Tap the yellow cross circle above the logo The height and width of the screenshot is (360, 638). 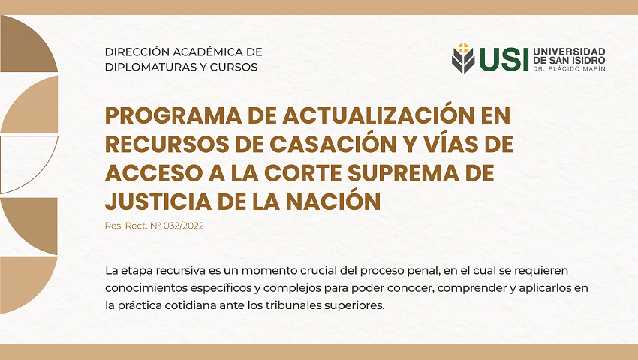(463, 48)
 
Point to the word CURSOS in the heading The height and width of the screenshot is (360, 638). (233, 67)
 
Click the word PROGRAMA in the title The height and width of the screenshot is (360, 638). (173, 115)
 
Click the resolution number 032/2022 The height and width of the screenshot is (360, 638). (183, 226)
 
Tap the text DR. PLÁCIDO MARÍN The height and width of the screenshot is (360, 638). (569, 69)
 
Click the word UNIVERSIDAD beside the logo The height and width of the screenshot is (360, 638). (569, 52)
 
